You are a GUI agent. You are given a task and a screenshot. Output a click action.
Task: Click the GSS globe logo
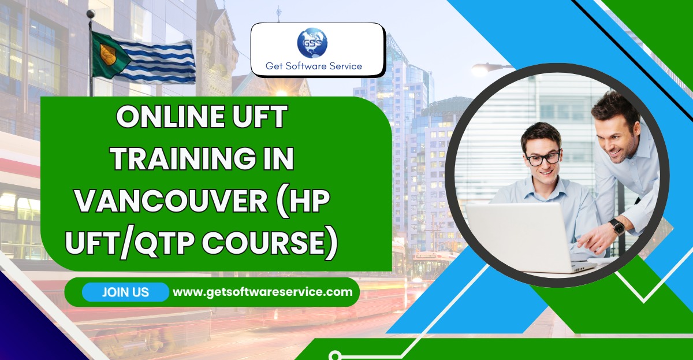(312, 43)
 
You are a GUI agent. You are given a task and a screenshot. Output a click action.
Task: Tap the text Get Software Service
(314, 66)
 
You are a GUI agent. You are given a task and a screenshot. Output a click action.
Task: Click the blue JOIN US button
(125, 292)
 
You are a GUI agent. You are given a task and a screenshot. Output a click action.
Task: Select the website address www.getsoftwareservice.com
(263, 292)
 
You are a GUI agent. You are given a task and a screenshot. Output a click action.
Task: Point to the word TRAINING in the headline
(184, 158)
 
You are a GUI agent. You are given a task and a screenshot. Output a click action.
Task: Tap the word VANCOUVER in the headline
(172, 201)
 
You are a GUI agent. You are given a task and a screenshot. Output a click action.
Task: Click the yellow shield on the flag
(107, 54)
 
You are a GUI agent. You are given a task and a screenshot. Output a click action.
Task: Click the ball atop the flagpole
(91, 13)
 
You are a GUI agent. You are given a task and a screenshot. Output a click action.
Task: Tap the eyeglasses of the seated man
(543, 158)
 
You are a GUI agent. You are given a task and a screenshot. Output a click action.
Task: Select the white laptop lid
(519, 236)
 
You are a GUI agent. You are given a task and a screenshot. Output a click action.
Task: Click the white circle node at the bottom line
(334, 355)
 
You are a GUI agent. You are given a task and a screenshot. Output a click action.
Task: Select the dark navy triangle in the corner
(34, 322)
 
